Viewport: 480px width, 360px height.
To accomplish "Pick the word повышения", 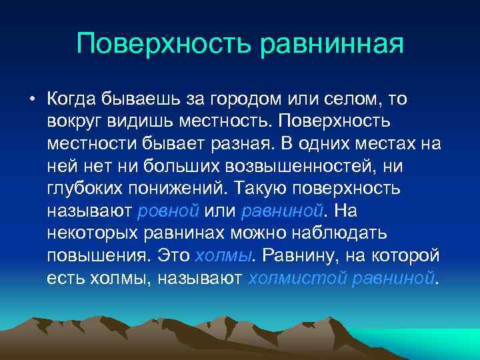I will tap(99, 255).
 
